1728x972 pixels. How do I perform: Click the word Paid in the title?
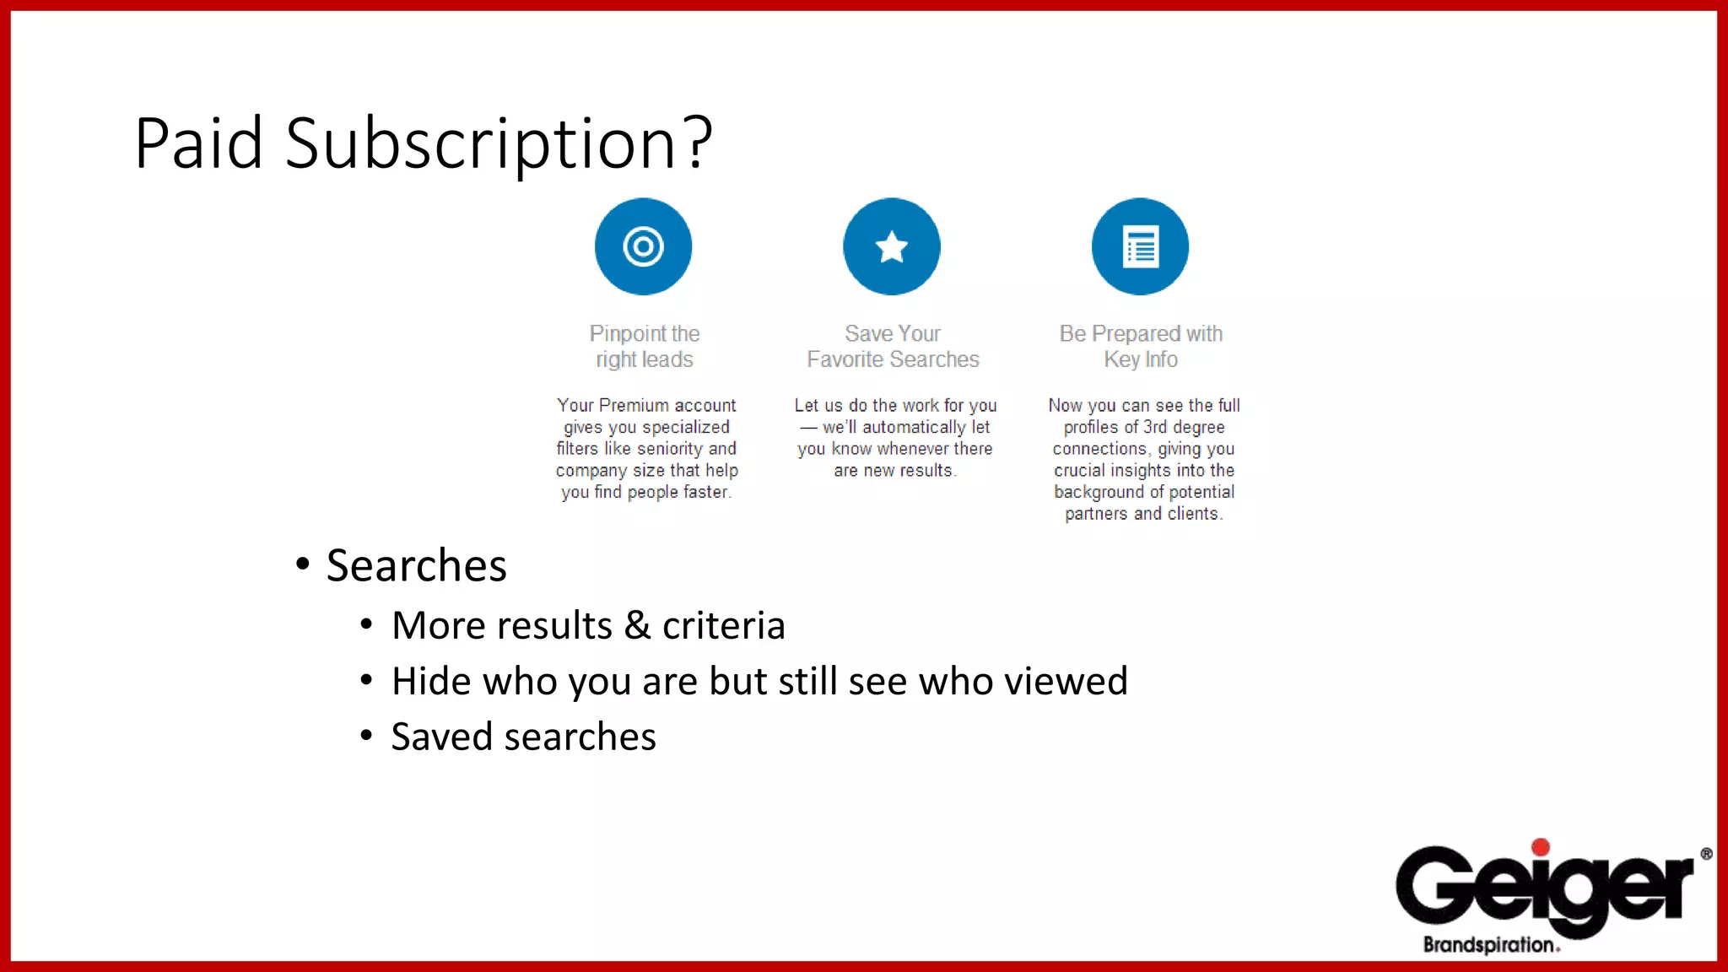[198, 143]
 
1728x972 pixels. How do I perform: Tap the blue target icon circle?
[643, 246]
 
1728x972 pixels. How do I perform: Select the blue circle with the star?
[892, 246]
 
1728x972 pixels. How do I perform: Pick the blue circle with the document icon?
[1140, 246]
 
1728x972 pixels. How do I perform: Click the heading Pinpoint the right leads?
[645, 346]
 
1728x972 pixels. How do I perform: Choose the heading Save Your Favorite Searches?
[893, 346]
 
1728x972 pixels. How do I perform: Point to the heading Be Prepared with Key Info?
[1141, 346]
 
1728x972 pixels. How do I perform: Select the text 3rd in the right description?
[1155, 428]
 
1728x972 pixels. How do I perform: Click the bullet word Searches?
[416, 565]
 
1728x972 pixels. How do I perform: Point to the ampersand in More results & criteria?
[637, 626]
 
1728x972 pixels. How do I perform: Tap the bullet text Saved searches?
[523, 737]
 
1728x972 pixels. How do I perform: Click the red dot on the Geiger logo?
[1541, 847]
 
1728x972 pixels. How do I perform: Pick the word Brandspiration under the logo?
[1488, 945]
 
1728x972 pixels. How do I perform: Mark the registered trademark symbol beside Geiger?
[1706, 854]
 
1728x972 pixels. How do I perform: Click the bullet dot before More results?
[366, 625]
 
